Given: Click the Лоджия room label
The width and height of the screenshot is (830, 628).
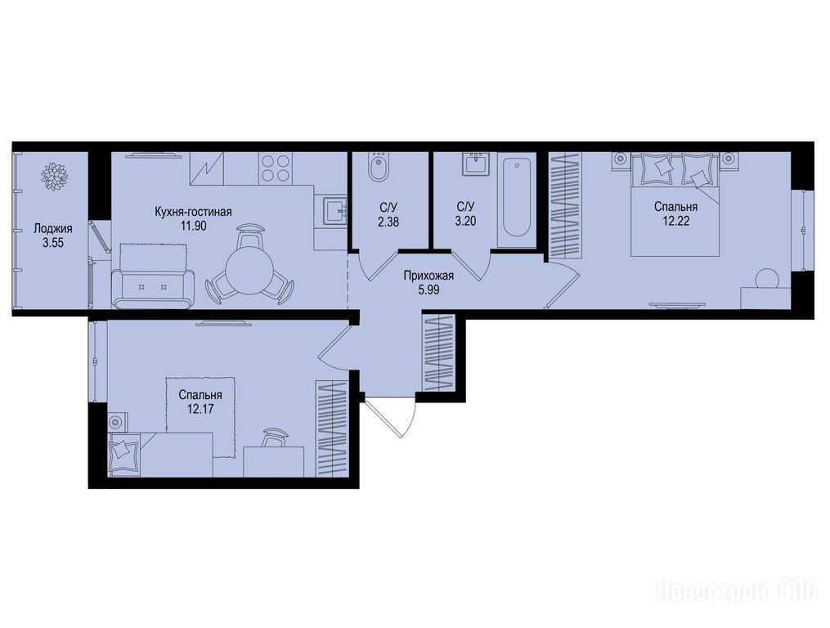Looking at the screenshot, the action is point(53,229).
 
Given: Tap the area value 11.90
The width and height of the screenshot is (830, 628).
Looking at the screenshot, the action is point(193,226).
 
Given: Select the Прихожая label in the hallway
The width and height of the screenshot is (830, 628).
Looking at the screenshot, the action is point(428,276).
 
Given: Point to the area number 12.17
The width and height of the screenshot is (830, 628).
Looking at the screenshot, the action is point(200,409).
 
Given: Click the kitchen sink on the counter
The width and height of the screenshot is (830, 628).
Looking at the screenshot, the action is point(334,212).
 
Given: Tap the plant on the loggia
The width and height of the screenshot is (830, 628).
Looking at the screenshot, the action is point(55,175).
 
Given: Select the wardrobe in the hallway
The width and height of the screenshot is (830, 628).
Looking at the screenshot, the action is point(439,353).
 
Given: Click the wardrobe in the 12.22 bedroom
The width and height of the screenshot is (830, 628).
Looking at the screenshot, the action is point(565,205).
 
